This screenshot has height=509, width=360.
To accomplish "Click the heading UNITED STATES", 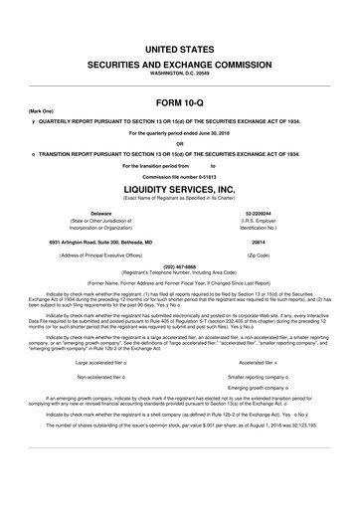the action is tap(180, 47).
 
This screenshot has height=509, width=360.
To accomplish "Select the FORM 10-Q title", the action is tap(180, 102).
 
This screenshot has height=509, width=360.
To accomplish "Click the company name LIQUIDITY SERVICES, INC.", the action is tap(180, 187).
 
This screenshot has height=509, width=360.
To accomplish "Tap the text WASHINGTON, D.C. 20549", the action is tap(180, 74).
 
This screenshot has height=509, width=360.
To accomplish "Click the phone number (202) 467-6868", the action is tap(180, 266).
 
